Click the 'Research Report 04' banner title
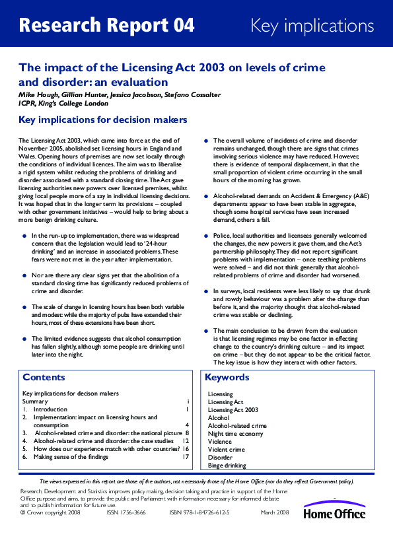pyautogui.click(x=107, y=26)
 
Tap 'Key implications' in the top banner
pyautogui.click(x=312, y=26)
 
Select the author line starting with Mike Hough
pyautogui.click(x=119, y=94)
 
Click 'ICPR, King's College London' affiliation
pyautogui.click(x=64, y=103)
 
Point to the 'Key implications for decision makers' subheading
pyautogui.click(x=102, y=120)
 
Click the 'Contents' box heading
pyautogui.click(x=44, y=378)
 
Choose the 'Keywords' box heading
pyautogui.click(x=227, y=378)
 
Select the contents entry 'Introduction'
pyautogui.click(x=50, y=409)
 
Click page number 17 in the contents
pyautogui.click(x=186, y=457)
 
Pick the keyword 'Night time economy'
pyautogui.click(x=236, y=434)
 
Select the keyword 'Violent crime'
pyautogui.click(x=226, y=450)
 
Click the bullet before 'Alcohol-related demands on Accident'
pyautogui.click(x=206, y=197)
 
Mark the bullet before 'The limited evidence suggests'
pyautogui.click(x=24, y=339)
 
